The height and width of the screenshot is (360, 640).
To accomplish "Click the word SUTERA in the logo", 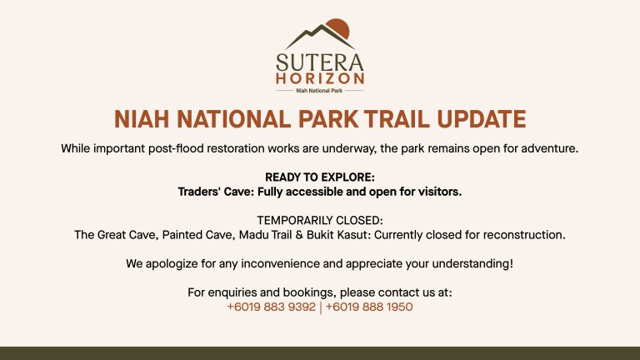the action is [x=320, y=62].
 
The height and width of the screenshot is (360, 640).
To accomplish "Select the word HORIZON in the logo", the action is [x=320, y=78].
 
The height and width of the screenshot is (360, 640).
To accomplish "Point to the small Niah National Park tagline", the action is [x=319, y=91].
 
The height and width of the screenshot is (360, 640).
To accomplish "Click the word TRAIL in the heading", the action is [x=397, y=119].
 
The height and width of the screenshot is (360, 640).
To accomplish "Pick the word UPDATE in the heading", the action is [x=481, y=119].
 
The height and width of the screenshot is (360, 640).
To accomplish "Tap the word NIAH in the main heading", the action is [x=141, y=119].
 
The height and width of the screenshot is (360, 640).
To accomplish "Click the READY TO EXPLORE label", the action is [x=320, y=177].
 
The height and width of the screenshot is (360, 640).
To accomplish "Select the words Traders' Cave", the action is [x=216, y=192].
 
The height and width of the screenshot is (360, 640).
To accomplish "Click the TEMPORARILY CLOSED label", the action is [x=320, y=220].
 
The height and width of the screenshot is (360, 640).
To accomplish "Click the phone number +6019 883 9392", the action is [x=271, y=307].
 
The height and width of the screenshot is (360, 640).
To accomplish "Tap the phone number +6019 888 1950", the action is [x=369, y=307].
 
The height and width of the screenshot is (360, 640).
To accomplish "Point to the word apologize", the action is [x=172, y=264].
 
